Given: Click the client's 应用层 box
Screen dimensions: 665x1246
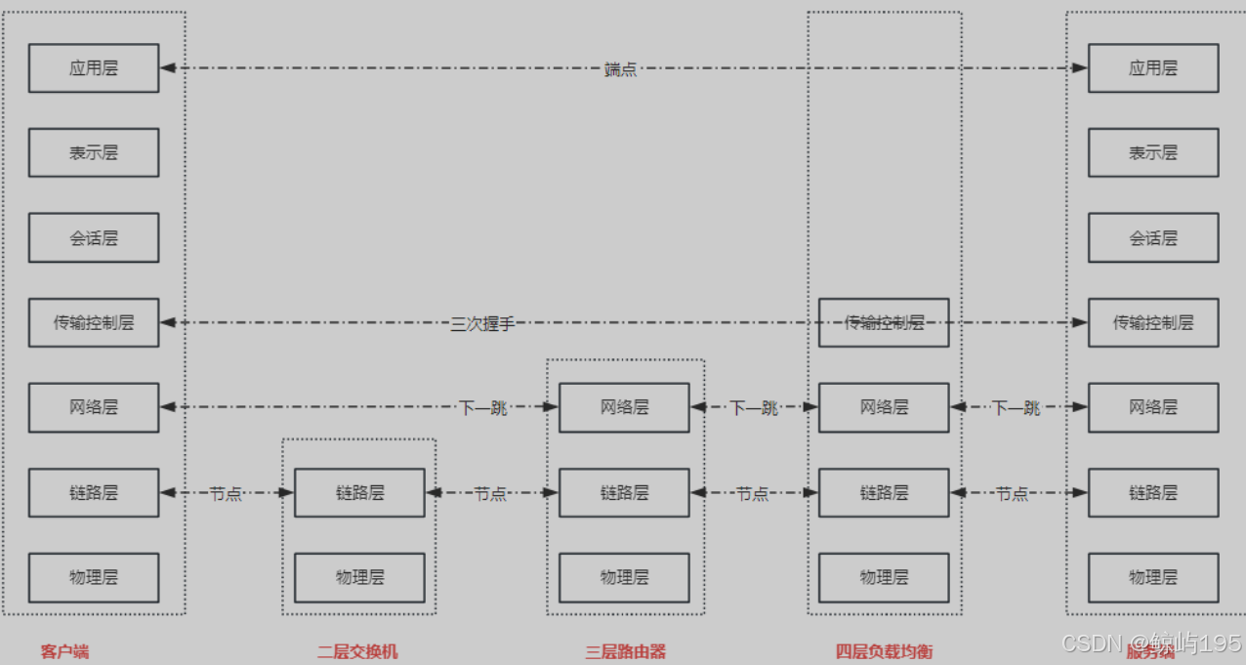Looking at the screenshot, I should [x=94, y=68].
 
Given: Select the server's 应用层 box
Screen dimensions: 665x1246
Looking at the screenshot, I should [x=1153, y=68].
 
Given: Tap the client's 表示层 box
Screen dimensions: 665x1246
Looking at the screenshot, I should [x=94, y=152].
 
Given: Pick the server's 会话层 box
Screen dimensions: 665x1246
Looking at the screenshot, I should [x=1153, y=237].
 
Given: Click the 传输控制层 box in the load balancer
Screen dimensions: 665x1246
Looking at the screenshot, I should [x=884, y=322].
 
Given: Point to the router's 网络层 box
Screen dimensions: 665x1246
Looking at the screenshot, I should [x=624, y=407].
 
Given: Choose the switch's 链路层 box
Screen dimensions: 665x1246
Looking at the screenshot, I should [x=359, y=492].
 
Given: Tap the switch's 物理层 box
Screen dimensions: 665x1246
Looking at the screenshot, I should [x=359, y=577].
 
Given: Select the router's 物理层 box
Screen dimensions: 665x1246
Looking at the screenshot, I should [x=624, y=577].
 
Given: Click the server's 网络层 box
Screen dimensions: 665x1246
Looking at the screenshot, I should [x=1153, y=407].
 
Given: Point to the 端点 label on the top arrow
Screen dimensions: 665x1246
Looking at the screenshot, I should [x=620, y=69].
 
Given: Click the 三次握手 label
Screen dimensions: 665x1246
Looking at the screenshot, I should [x=482, y=324].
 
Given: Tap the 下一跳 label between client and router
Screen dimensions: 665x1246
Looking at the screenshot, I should [x=483, y=408].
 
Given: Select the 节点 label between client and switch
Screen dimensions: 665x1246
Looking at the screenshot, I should [x=226, y=494].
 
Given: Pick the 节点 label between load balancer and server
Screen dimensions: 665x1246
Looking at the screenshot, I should [x=1013, y=494].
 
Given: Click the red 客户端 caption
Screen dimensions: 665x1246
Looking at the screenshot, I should [x=64, y=651].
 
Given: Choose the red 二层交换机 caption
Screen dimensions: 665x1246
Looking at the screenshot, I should [x=357, y=651].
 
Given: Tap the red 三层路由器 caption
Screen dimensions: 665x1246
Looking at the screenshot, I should [x=625, y=651].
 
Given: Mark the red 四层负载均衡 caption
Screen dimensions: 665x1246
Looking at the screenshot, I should [x=884, y=651].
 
